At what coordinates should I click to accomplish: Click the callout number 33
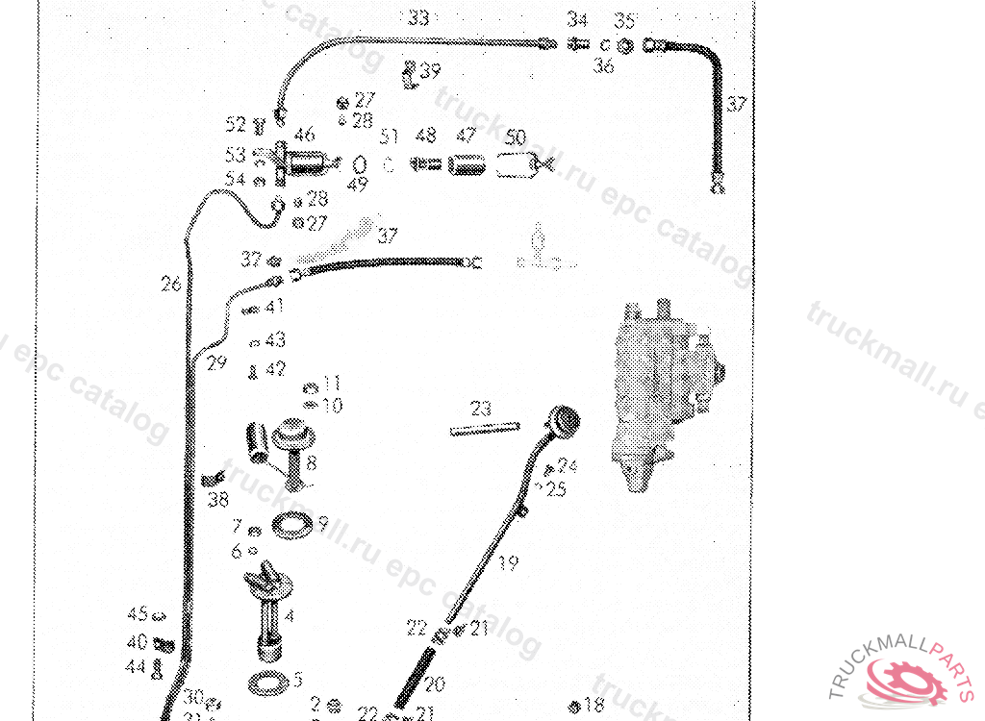click(x=417, y=17)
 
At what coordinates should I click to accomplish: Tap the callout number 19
click(x=508, y=563)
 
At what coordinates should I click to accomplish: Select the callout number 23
click(x=481, y=409)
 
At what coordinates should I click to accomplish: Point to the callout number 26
click(x=171, y=285)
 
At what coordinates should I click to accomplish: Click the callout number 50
click(x=516, y=137)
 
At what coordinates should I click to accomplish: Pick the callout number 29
click(x=216, y=361)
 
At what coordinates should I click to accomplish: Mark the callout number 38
click(x=218, y=500)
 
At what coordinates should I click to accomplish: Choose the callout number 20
click(x=435, y=684)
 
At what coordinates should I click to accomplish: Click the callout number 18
click(x=594, y=705)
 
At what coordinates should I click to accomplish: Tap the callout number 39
click(x=430, y=70)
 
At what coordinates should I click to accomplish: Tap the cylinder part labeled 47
click(x=467, y=165)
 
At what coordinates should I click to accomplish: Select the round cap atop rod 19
click(x=564, y=420)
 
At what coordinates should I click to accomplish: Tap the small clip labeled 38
click(x=214, y=478)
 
